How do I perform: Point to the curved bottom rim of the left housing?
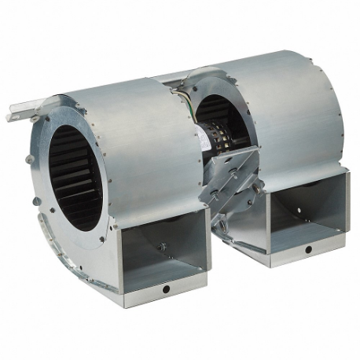click(x=71, y=252)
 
